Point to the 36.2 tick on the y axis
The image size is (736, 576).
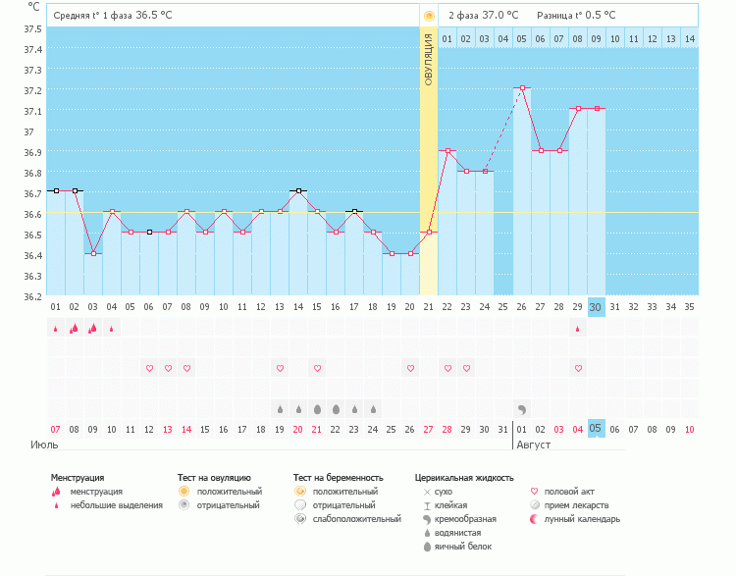(x=32, y=296)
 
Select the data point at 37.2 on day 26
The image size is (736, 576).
(x=522, y=88)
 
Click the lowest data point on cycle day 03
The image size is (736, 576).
(x=93, y=253)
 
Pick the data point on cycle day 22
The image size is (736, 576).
(x=447, y=150)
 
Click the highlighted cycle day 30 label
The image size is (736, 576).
(x=596, y=306)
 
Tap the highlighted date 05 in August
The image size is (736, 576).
(x=596, y=429)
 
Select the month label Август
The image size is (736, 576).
(x=535, y=445)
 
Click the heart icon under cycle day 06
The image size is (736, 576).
(x=149, y=368)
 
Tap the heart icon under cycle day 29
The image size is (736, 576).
(x=578, y=368)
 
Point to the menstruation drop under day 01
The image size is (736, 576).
(x=56, y=329)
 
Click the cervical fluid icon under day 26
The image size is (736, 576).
(x=522, y=408)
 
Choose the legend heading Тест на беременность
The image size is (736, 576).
(x=338, y=478)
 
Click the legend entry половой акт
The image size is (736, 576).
(x=567, y=491)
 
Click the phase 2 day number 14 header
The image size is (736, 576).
(x=689, y=38)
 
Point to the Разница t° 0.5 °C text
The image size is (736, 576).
(x=576, y=16)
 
